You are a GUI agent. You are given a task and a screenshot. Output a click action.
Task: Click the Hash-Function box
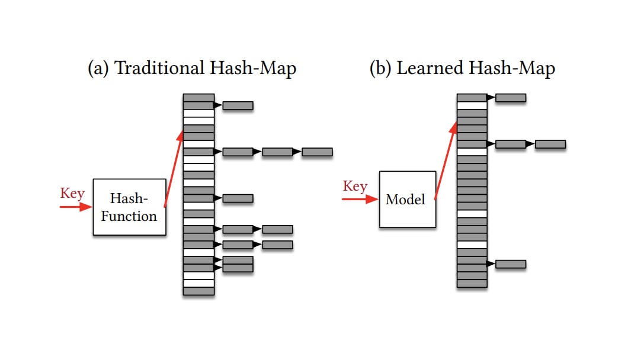[129, 207]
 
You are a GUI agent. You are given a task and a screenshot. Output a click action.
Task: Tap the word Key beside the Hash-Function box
[72, 194]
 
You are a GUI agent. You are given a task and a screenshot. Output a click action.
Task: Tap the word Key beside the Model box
[355, 187]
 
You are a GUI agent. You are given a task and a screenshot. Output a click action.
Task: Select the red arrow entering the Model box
[360, 200]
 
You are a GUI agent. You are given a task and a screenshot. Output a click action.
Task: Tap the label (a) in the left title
[98, 69]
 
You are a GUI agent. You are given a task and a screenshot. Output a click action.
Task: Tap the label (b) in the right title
[380, 69]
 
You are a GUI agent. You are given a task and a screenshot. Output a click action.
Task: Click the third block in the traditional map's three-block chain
[317, 152]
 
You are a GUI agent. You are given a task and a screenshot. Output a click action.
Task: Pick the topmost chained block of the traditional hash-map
[238, 105]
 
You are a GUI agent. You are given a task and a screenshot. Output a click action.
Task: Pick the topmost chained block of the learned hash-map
[510, 98]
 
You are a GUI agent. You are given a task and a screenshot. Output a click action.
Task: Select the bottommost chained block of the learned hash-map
[510, 264]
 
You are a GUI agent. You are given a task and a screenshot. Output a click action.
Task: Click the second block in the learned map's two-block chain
[550, 144]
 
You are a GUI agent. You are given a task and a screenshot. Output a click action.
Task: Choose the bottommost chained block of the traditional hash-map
[238, 268]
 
